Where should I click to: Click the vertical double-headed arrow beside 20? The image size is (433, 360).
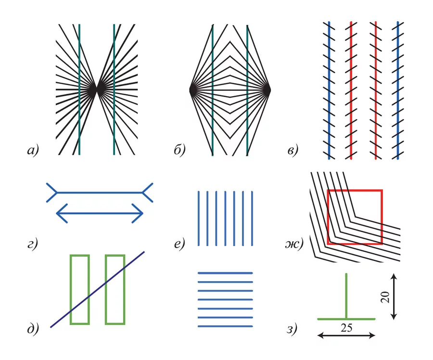click(394, 296)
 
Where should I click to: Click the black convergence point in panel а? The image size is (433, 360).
click(97, 89)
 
